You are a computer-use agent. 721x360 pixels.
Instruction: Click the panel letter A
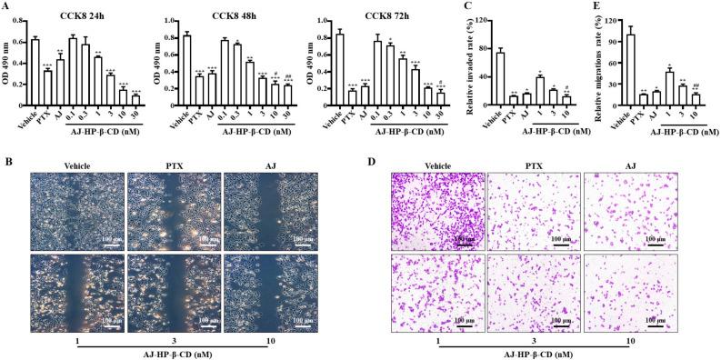[x=6, y=6]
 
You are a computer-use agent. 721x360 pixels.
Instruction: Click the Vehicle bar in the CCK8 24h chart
[x=35, y=74]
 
